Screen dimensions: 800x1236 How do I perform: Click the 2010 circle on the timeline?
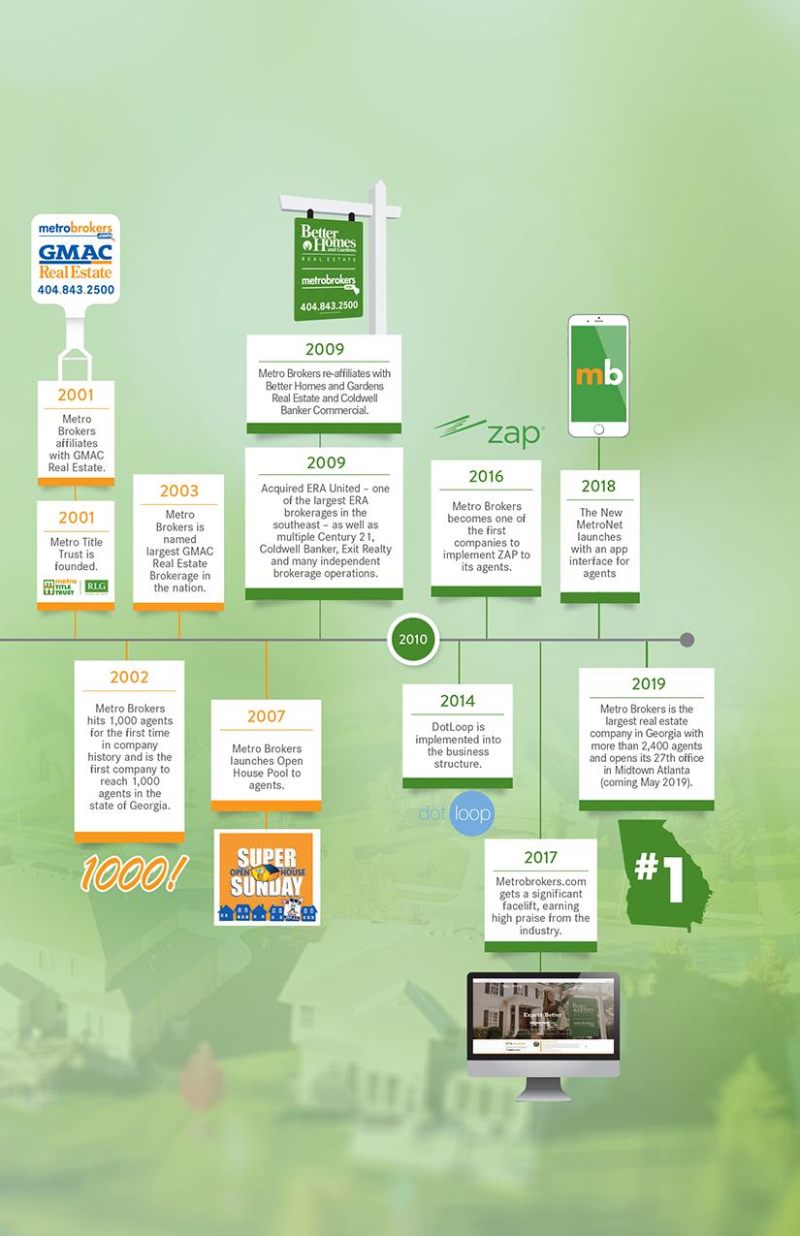click(x=413, y=640)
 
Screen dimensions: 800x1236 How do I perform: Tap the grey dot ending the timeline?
click(x=688, y=640)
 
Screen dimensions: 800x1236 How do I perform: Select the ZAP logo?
click(x=489, y=433)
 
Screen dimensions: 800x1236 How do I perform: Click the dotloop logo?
click(x=457, y=812)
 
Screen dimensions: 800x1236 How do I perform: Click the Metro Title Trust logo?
click(x=76, y=586)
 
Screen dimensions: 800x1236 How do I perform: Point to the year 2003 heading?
click(x=179, y=491)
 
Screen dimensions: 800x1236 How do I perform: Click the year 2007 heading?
click(x=266, y=716)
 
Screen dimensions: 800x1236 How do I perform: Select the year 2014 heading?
click(x=457, y=701)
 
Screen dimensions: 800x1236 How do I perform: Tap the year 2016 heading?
click(x=486, y=476)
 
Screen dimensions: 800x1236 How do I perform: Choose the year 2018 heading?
click(x=598, y=486)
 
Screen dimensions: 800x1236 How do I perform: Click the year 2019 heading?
click(x=648, y=684)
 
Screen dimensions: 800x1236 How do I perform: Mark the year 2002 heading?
click(x=129, y=677)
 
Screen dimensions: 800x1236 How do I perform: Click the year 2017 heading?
click(x=540, y=857)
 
